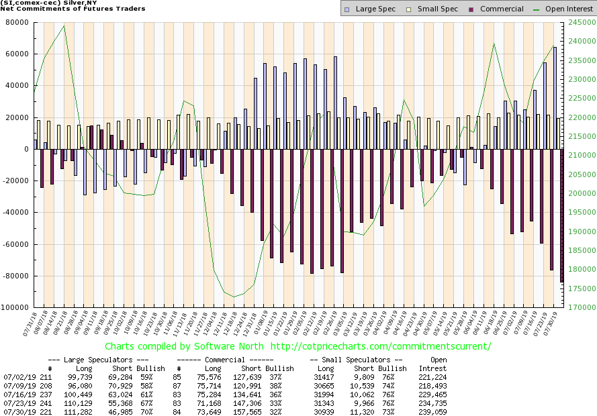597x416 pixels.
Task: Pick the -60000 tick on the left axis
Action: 14,244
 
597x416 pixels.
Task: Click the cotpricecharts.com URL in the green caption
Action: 380,346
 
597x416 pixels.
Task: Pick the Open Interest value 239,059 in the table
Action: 432,411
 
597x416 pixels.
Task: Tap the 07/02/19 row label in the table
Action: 18,378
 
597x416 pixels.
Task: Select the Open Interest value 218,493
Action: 432,386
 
